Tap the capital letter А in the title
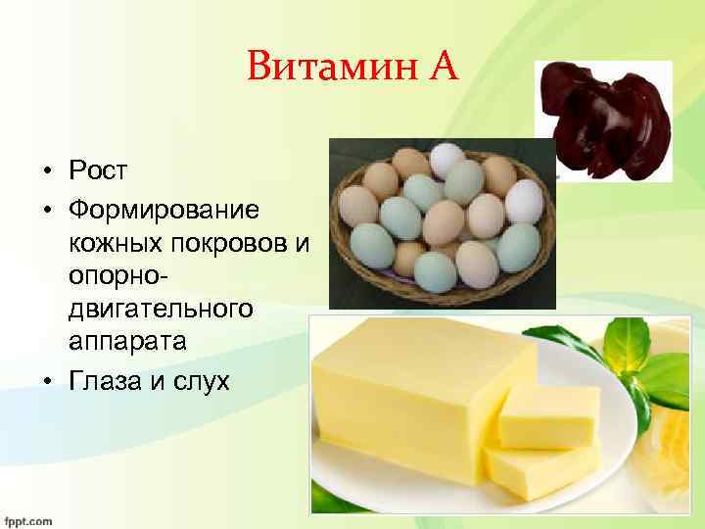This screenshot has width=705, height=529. point(440,68)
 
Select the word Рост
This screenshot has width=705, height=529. point(98,171)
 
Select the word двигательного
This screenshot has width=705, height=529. point(160,310)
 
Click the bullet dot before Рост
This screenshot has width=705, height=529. point(48,172)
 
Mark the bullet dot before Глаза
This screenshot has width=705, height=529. point(48,380)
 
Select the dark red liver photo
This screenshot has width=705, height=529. point(605,118)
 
